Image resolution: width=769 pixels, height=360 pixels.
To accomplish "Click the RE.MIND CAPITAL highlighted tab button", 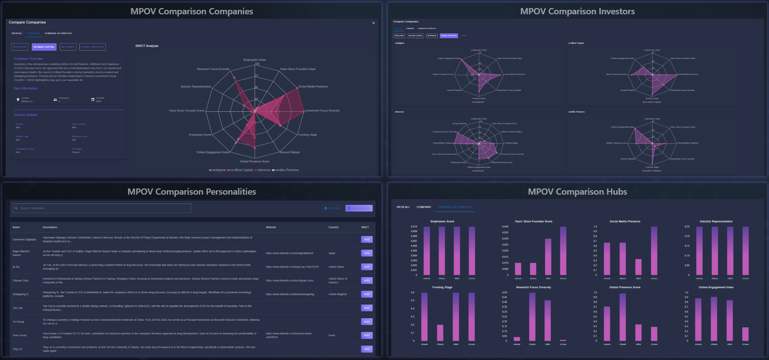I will (44, 47).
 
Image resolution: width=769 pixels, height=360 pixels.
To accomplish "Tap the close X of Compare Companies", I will (373, 23).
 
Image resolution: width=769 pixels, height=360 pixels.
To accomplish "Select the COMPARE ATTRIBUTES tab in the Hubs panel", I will (455, 207).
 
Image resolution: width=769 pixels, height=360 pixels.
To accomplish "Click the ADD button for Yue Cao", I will (366, 308).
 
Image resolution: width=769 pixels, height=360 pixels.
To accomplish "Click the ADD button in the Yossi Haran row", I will (366, 335).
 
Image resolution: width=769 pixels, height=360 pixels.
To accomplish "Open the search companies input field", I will (102, 208).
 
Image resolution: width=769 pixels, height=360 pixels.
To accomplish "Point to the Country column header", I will (333, 227).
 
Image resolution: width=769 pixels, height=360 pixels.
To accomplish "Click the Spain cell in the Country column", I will (332, 253).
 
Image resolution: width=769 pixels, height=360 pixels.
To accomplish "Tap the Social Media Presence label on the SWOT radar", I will (313, 87).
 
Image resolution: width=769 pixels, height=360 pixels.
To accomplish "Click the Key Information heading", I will (26, 88).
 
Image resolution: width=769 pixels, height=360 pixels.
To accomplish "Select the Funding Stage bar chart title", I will (442, 287).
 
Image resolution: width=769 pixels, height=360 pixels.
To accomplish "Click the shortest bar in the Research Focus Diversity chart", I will (563, 340).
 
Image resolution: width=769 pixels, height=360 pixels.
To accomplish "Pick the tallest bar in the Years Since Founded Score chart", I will (563, 251).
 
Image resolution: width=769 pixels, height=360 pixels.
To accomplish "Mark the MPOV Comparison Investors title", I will (577, 11).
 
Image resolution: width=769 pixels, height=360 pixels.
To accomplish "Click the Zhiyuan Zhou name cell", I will (21, 281).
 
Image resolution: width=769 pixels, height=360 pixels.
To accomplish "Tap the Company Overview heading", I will (29, 59).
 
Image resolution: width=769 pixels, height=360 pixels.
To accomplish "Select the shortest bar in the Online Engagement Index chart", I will (745, 334).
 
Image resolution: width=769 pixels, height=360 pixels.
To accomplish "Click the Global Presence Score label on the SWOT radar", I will (254, 161).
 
